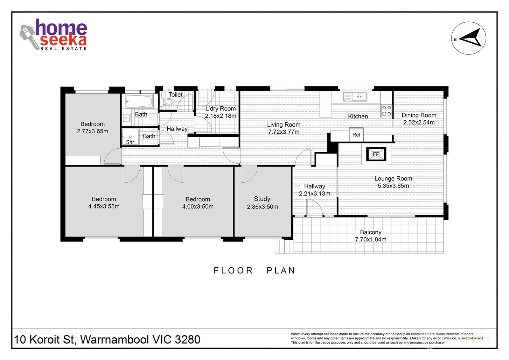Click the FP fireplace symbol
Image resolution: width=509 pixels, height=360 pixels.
click(x=376, y=154)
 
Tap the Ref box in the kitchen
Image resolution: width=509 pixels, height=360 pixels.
click(x=356, y=135)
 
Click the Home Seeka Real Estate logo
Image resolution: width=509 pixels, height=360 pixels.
click(x=54, y=34)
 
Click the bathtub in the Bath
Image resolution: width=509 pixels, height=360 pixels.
click(x=139, y=102)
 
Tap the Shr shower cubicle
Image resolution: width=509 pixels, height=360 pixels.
click(x=130, y=137)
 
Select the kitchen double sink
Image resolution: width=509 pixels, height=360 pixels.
click(x=355, y=95)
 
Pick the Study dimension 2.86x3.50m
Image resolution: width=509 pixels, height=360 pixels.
click(x=262, y=207)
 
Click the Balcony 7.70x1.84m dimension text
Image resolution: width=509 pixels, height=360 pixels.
click(x=371, y=240)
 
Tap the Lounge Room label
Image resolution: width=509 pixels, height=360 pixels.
click(x=393, y=179)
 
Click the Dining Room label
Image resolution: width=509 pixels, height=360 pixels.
click(x=419, y=115)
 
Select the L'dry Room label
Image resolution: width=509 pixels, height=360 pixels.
click(x=220, y=109)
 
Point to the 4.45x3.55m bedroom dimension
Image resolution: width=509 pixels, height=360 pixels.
click(x=104, y=206)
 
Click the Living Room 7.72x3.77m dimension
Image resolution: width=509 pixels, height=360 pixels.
click(x=283, y=132)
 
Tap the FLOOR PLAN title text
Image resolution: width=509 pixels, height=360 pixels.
click(x=254, y=271)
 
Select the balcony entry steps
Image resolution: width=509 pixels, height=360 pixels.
click(x=284, y=246)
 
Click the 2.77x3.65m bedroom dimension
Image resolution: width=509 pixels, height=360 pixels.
click(x=93, y=131)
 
